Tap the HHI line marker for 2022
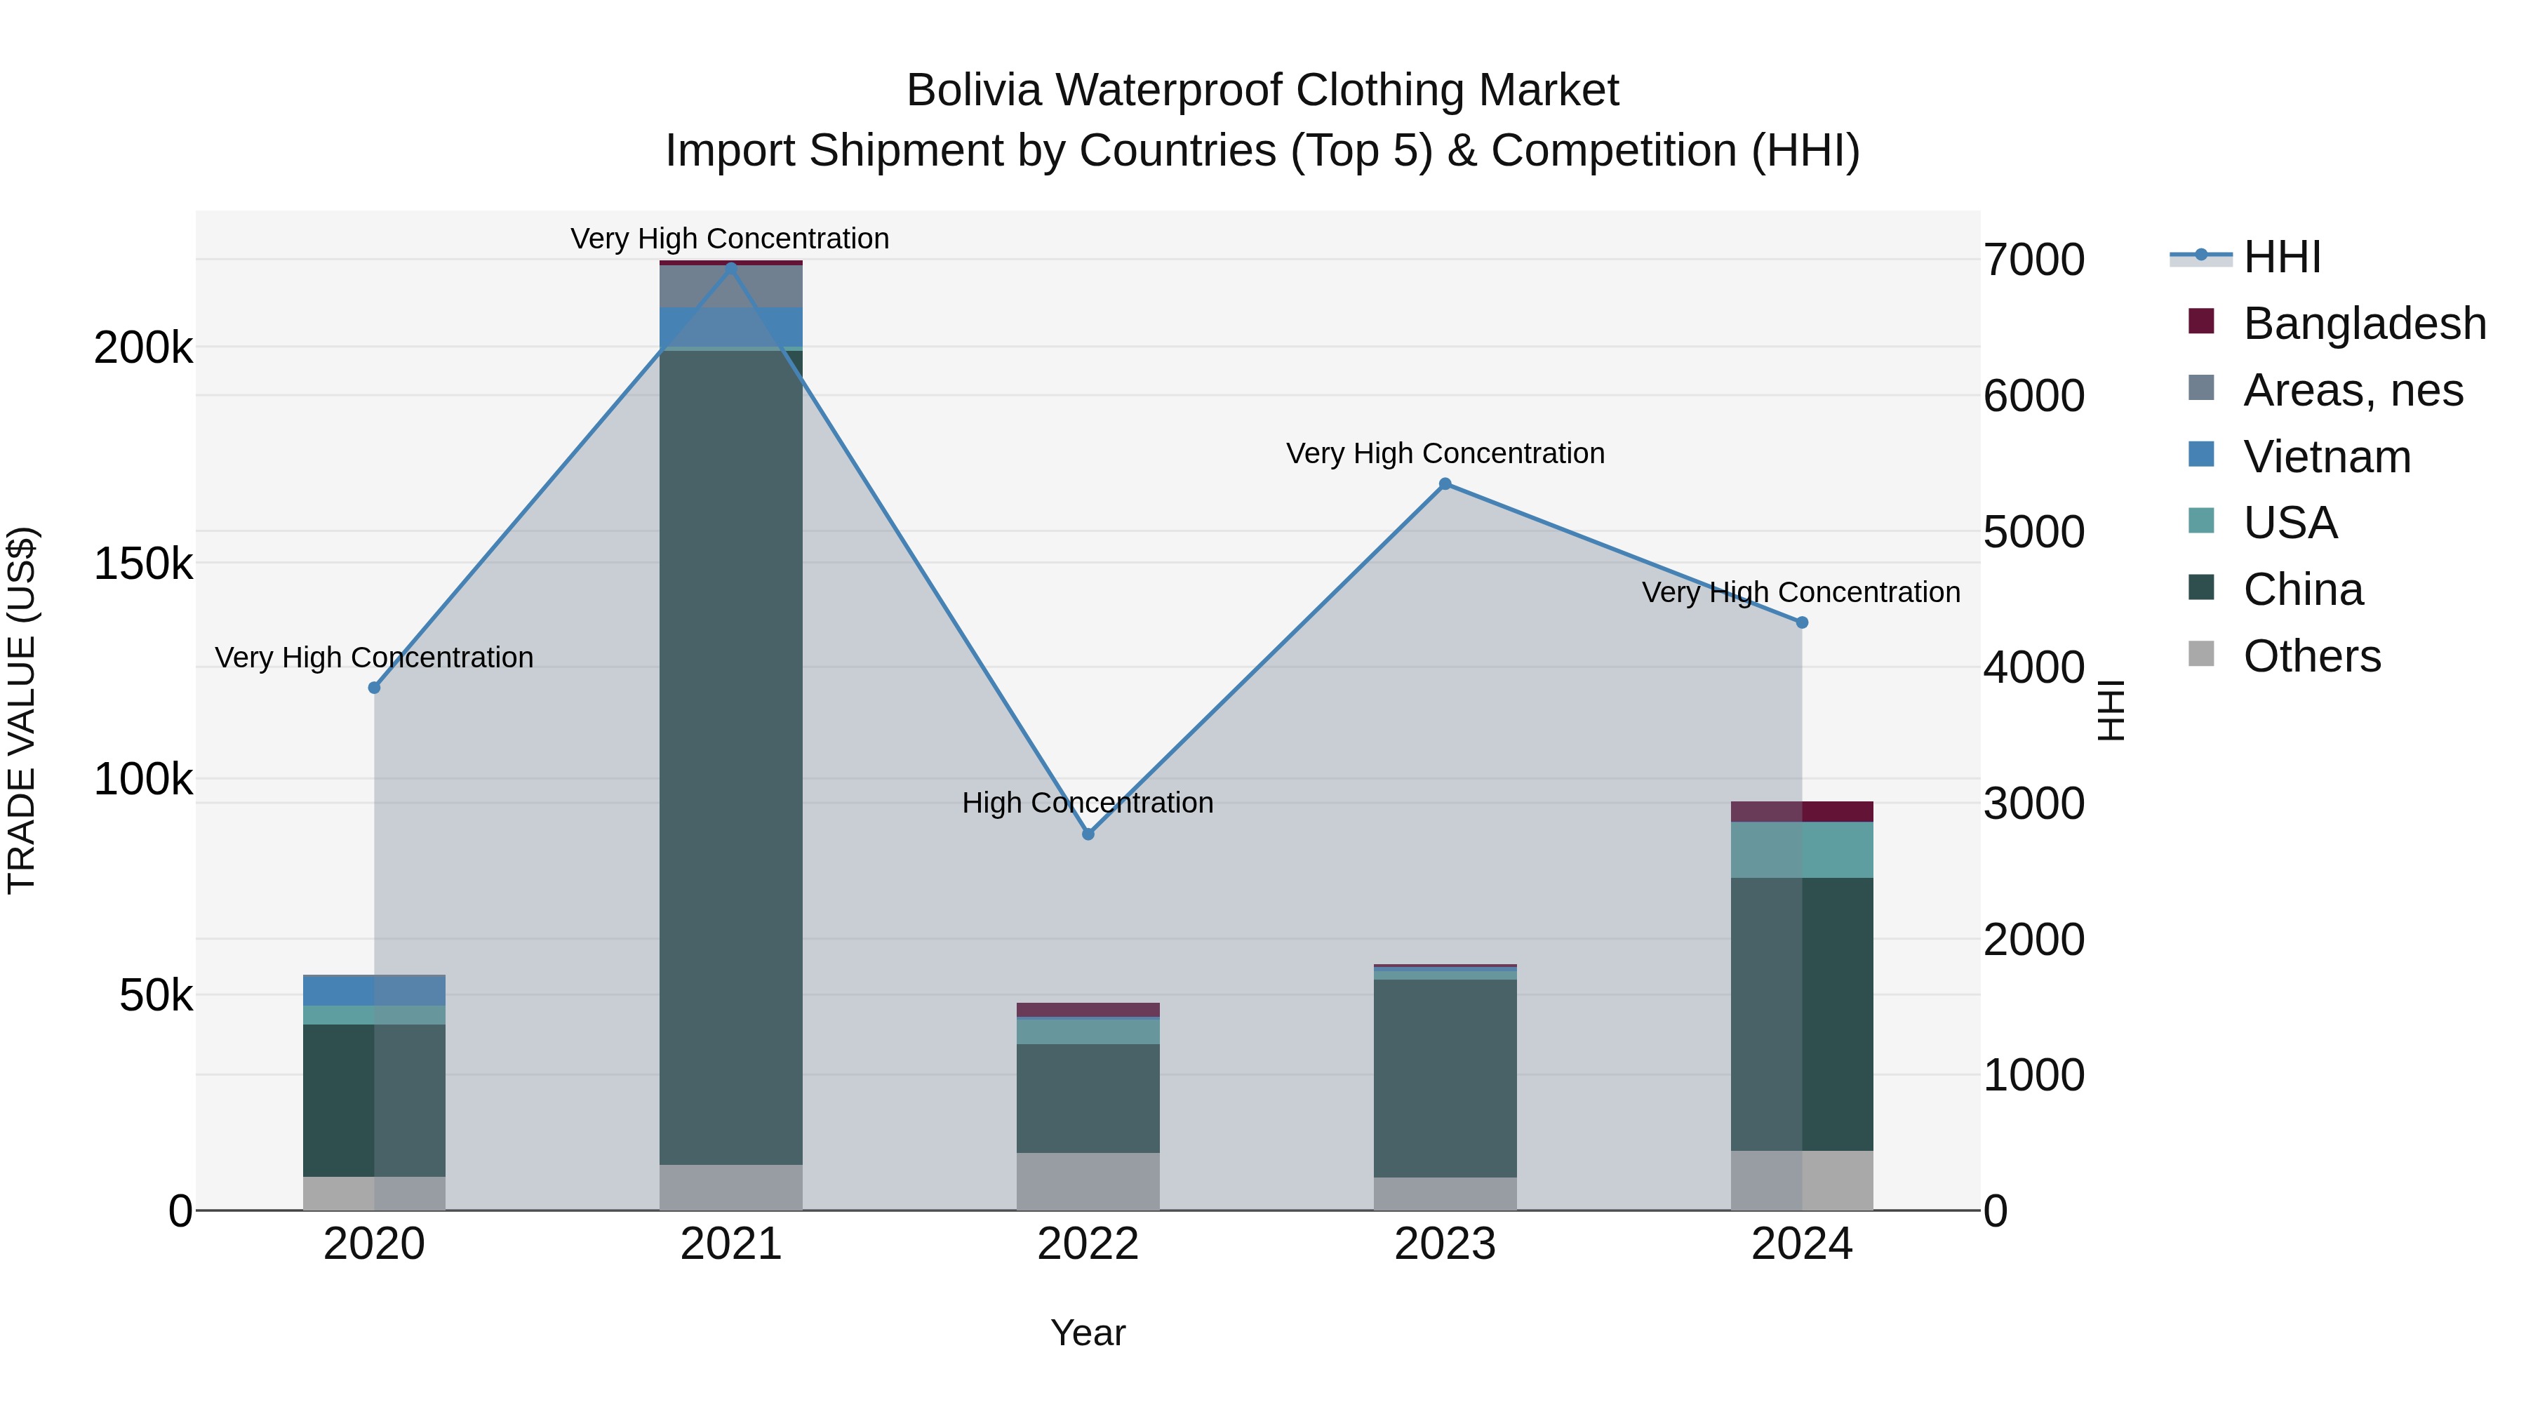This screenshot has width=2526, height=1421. pos(1088,834)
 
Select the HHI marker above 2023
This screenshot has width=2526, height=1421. pos(1445,483)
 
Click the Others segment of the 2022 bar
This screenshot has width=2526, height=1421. pos(1088,1181)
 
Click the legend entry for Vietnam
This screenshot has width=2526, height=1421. pos(2326,456)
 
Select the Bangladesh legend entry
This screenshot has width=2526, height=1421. pos(2363,323)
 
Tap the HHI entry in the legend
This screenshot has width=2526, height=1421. pos(2281,257)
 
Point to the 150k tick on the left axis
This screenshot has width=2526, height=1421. pos(143,564)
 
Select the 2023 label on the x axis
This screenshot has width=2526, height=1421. pos(1445,1244)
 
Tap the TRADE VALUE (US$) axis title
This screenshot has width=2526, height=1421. pos(22,710)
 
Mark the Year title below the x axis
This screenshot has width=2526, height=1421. pos(1088,1333)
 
